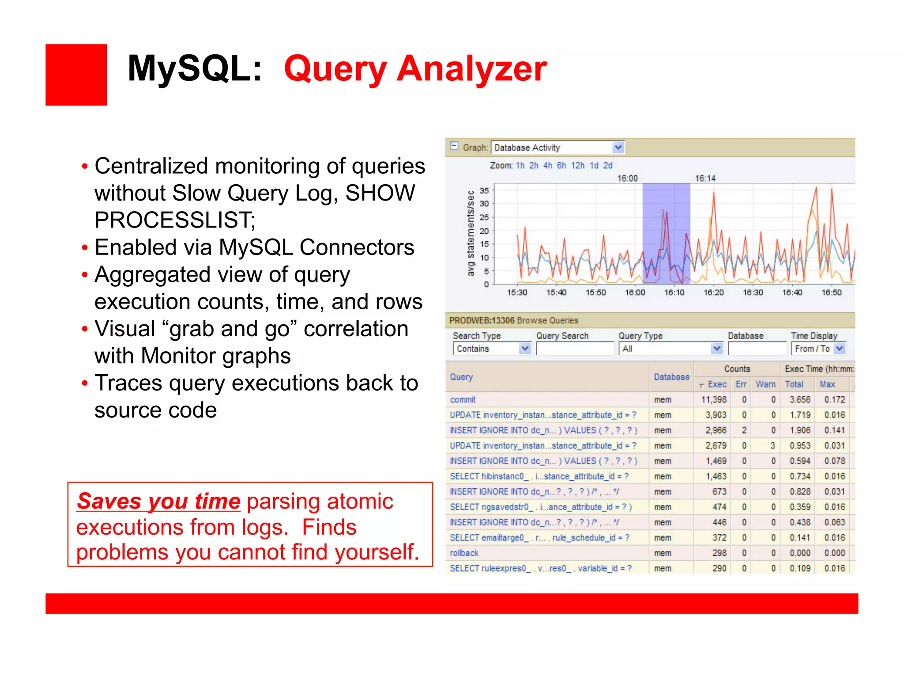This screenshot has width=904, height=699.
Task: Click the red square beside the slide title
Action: (x=76, y=75)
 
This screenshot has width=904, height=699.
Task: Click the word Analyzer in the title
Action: (x=471, y=69)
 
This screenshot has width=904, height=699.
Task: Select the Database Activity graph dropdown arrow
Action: (x=618, y=147)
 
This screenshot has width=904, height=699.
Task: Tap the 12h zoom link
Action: (x=577, y=165)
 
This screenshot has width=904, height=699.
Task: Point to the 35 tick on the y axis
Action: (x=484, y=190)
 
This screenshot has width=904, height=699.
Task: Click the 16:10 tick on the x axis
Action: (x=674, y=292)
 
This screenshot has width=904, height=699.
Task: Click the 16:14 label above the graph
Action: (x=705, y=178)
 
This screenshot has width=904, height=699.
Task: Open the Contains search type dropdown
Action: (x=525, y=349)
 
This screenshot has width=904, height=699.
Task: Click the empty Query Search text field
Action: (x=575, y=349)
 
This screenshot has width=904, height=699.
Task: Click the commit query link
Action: (x=463, y=399)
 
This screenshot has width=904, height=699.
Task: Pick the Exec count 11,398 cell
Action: (x=714, y=399)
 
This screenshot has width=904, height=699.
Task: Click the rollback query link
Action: (x=464, y=553)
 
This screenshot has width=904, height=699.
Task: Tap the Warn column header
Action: (x=765, y=384)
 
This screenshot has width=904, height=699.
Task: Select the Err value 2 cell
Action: (x=744, y=430)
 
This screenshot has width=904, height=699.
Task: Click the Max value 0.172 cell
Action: (x=834, y=399)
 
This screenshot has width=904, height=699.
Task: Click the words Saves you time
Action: (x=158, y=501)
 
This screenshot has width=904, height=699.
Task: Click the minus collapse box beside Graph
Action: (x=454, y=146)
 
